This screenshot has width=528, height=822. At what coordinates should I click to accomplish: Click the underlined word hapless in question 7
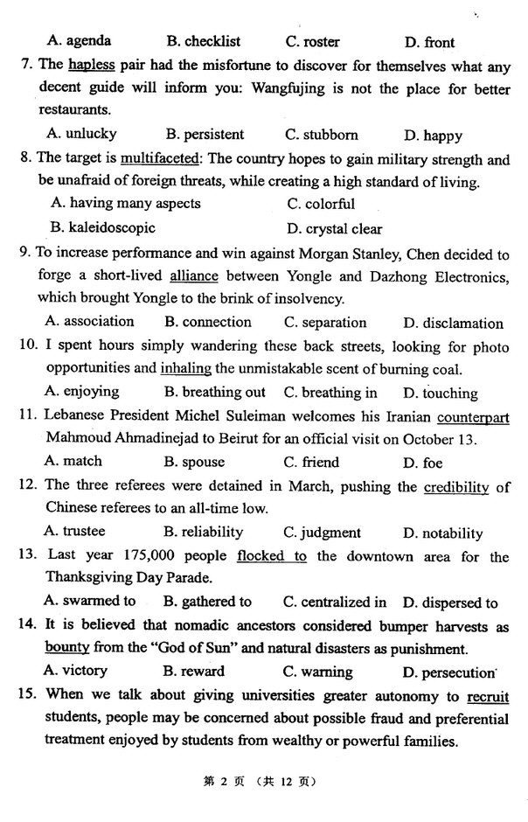pos(91,64)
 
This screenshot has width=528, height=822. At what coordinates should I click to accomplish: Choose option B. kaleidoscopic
pos(103,227)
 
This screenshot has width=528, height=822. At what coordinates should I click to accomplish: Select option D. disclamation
pos(453,323)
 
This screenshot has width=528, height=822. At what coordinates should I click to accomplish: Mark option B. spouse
pos(194,462)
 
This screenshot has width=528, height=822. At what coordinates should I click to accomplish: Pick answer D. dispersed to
pos(449,602)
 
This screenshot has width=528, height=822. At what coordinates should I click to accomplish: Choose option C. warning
pos(317,672)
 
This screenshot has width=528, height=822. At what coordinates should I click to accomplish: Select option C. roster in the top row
pos(312,41)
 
